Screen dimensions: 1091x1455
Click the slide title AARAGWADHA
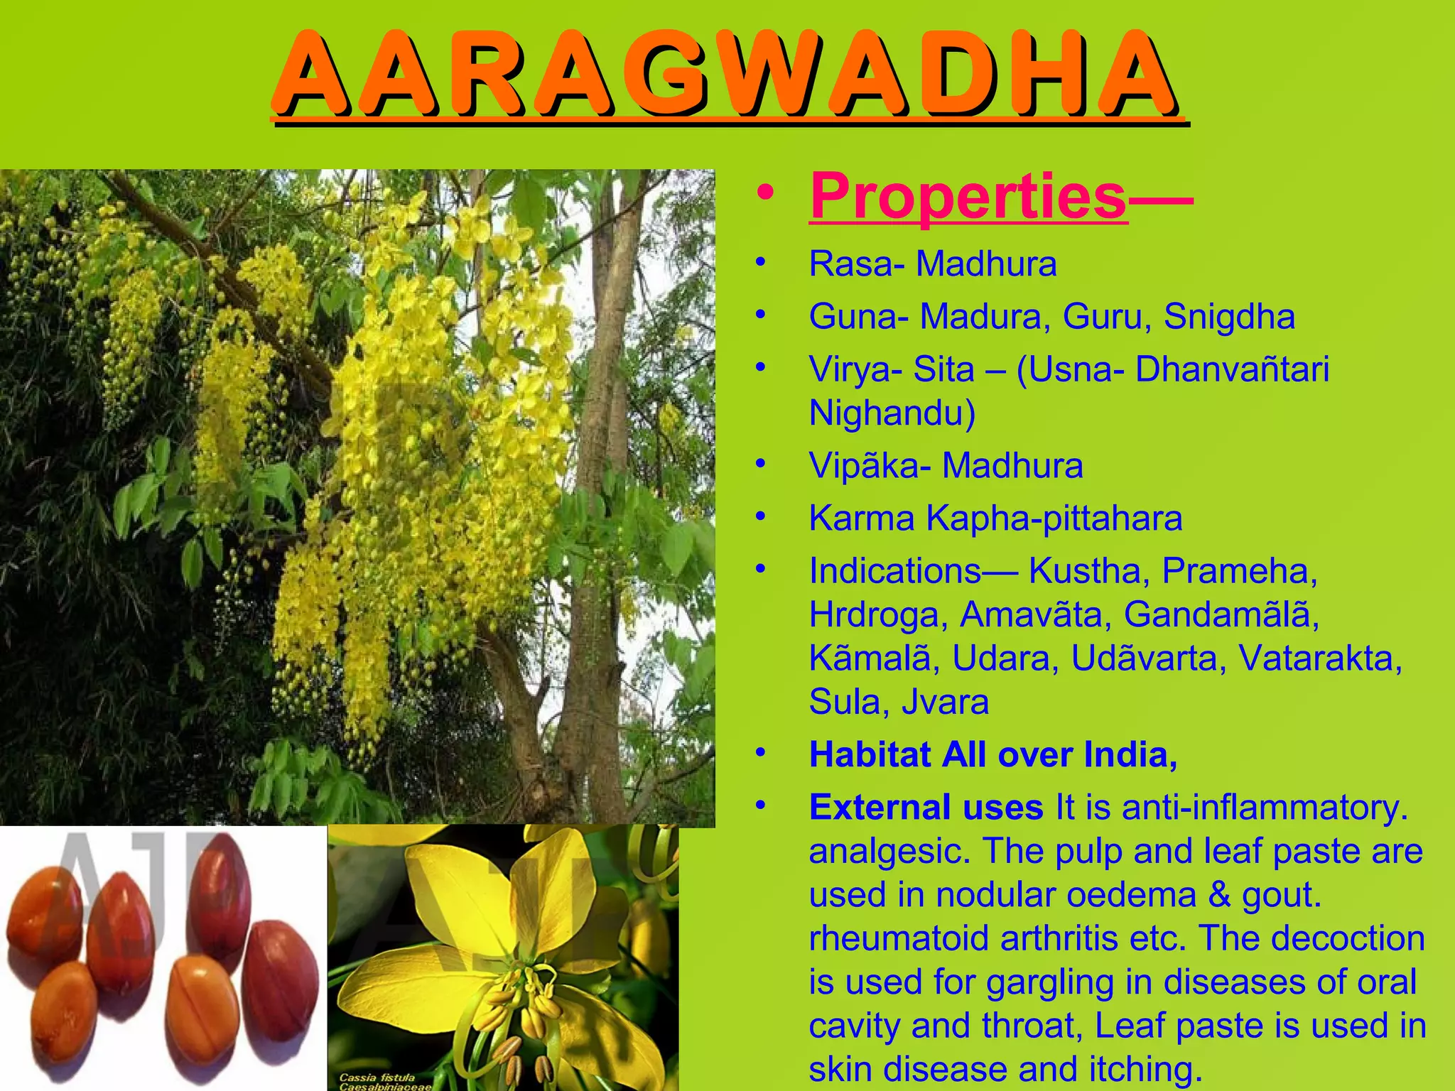tap(729, 75)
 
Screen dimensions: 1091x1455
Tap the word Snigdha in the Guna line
tap(1229, 317)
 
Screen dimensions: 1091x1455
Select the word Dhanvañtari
tap(1232, 369)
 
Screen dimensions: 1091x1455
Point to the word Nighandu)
tap(892, 413)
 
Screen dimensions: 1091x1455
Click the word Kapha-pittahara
tap(1054, 519)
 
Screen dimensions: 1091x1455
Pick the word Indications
tap(895, 571)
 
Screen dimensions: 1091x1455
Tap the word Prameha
tap(1239, 571)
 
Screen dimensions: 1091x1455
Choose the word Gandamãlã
tap(1221, 614)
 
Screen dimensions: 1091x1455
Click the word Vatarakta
tap(1320, 658)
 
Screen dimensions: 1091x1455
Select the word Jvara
tap(945, 702)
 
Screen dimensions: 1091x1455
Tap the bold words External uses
tap(926, 808)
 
